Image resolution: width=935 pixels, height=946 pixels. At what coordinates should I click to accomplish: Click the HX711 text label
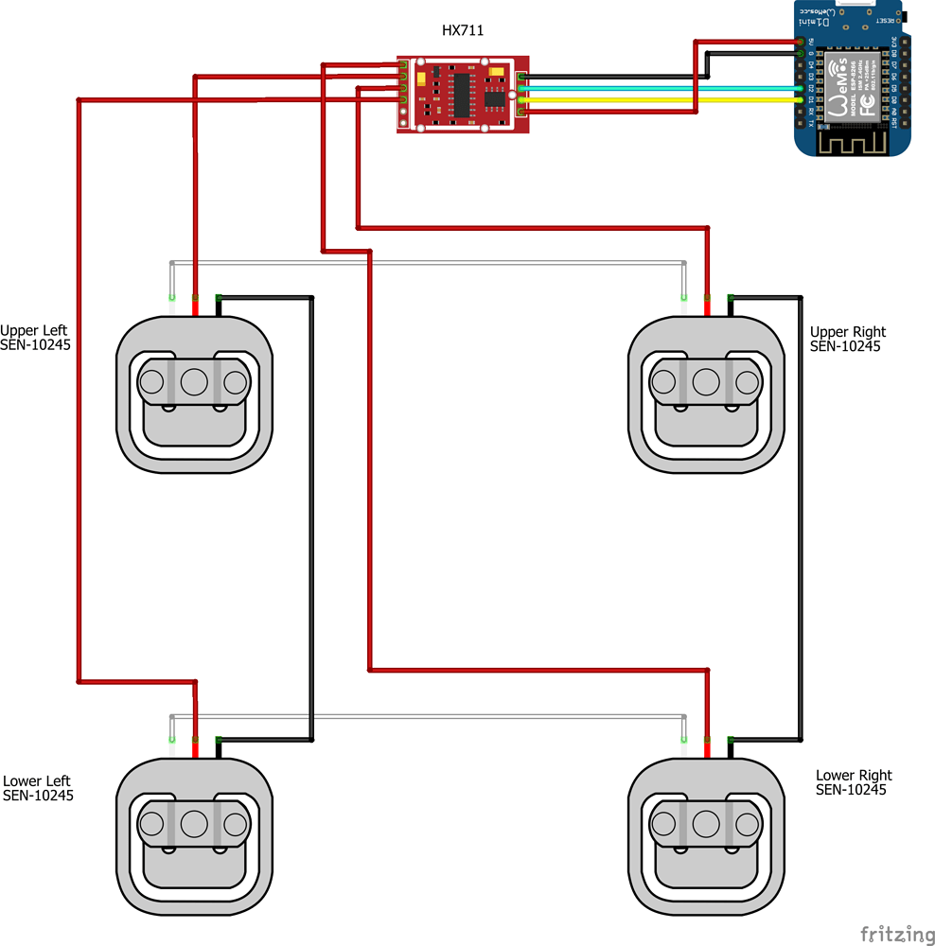463,30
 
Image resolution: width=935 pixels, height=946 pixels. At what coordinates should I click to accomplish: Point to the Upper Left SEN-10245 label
35,338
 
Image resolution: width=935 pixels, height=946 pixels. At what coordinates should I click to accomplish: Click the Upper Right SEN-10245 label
848,339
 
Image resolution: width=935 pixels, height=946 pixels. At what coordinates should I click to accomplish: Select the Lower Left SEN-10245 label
38,788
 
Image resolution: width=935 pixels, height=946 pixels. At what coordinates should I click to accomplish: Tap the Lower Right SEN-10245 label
853,782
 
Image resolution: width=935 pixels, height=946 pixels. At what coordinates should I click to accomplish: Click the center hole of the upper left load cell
194,382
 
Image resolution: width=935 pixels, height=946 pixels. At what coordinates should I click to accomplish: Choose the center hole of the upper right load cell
706,382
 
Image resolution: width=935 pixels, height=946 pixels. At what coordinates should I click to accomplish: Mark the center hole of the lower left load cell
194,824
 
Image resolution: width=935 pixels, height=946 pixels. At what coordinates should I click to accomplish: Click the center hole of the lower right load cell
706,824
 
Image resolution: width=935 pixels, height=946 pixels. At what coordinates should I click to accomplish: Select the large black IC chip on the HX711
461,94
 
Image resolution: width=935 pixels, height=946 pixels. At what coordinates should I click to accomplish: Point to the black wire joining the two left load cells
312,520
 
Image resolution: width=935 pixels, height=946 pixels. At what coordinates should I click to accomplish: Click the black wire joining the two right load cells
802,520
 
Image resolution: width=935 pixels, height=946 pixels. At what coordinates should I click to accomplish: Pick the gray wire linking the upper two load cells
426,262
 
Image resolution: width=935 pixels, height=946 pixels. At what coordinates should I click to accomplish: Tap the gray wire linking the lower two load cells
426,716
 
